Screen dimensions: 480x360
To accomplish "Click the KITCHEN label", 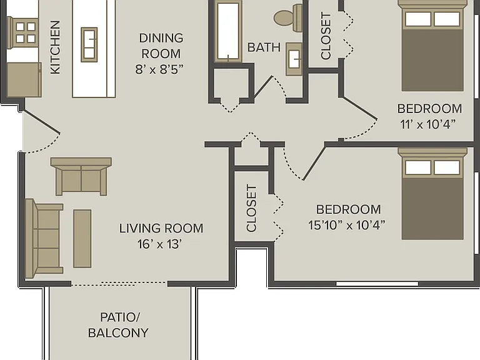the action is (x=55, y=47).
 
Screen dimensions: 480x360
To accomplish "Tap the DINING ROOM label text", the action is (x=161, y=46).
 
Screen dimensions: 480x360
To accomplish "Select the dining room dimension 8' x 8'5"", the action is (x=159, y=69).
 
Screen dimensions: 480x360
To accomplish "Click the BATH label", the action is (x=264, y=47).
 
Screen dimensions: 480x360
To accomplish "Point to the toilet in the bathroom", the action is (x=287, y=17).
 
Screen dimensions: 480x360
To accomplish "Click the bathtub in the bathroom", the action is (x=228, y=31).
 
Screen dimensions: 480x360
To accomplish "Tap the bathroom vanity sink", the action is (x=294, y=59).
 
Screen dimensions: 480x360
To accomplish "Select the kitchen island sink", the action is (x=89, y=44).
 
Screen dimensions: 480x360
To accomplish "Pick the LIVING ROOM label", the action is (x=161, y=228).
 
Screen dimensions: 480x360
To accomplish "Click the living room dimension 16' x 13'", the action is (x=160, y=244).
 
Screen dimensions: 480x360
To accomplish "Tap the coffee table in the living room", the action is (x=82, y=239).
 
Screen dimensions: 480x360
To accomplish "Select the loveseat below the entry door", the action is (x=81, y=176).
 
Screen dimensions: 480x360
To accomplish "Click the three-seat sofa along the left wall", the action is (x=44, y=237).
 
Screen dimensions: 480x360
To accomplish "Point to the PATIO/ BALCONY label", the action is (x=119, y=325).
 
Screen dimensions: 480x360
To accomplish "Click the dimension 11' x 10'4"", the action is (x=428, y=124).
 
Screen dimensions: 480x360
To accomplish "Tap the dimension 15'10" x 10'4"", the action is (x=346, y=225).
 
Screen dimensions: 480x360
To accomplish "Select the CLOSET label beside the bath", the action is (x=326, y=36).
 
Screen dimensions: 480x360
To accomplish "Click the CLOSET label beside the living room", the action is (x=251, y=208).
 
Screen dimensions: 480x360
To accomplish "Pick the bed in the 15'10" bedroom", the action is (x=432, y=194).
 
